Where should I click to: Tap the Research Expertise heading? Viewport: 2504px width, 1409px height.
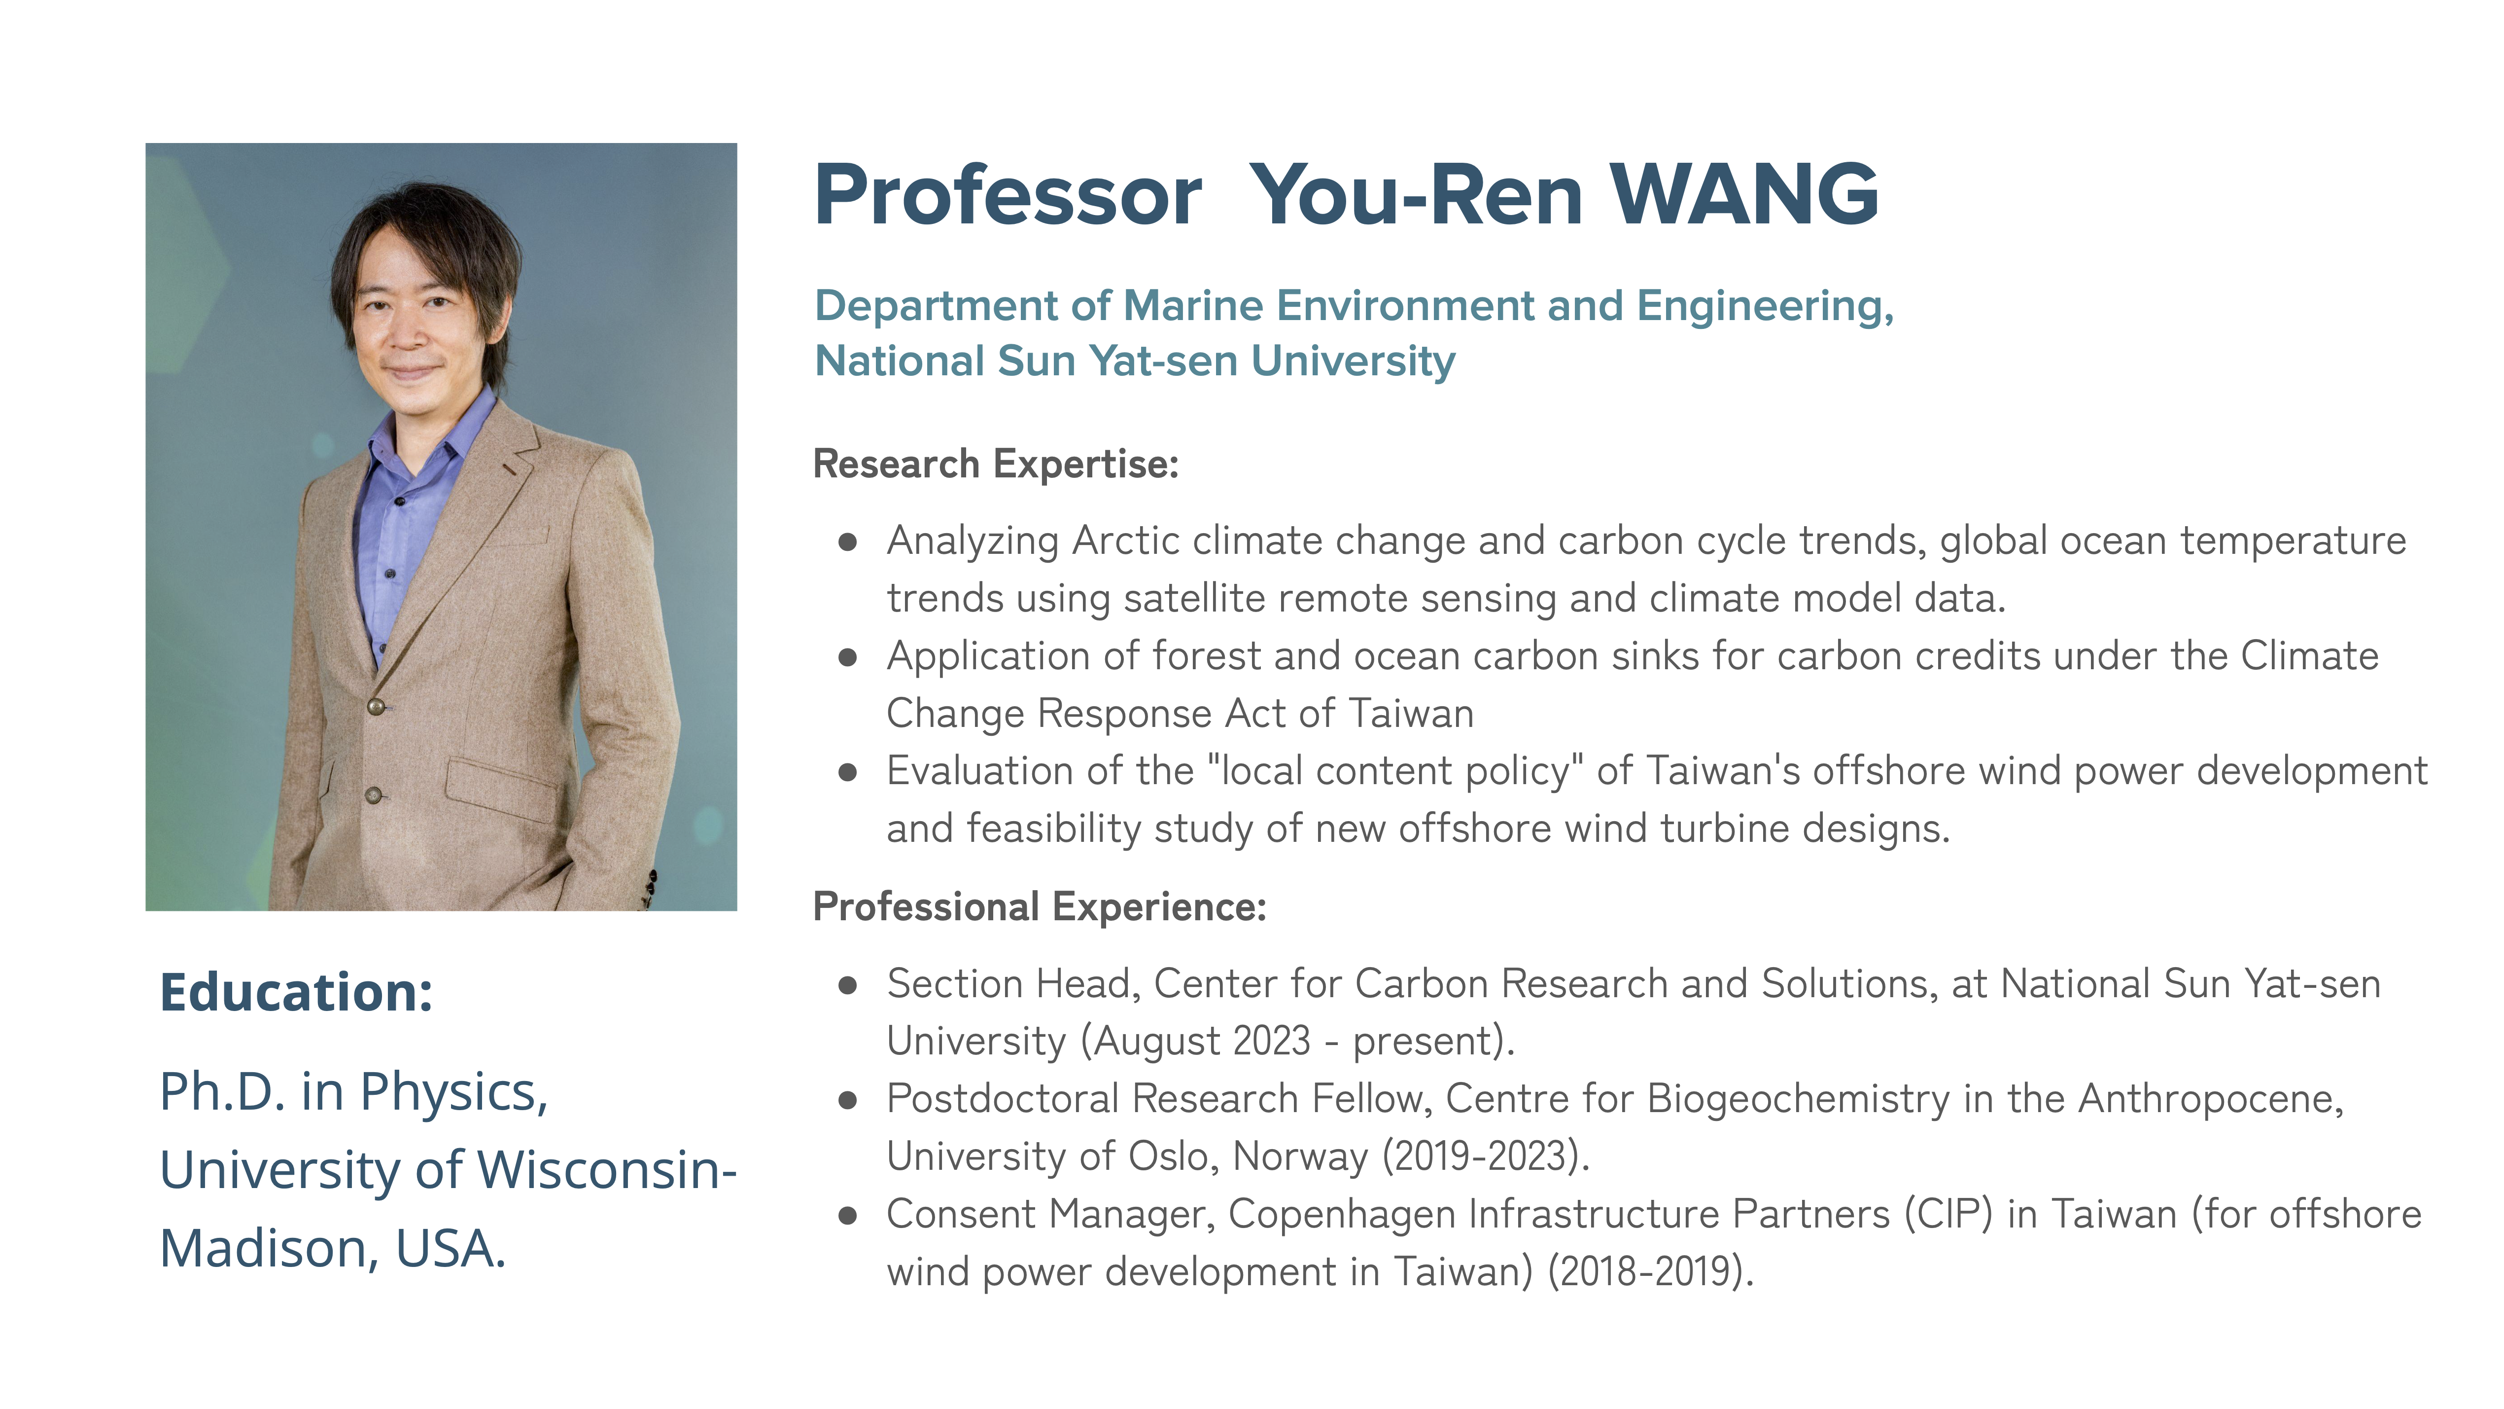pyautogui.click(x=995, y=464)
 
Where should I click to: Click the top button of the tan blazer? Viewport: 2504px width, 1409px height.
pyautogui.click(x=376, y=706)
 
